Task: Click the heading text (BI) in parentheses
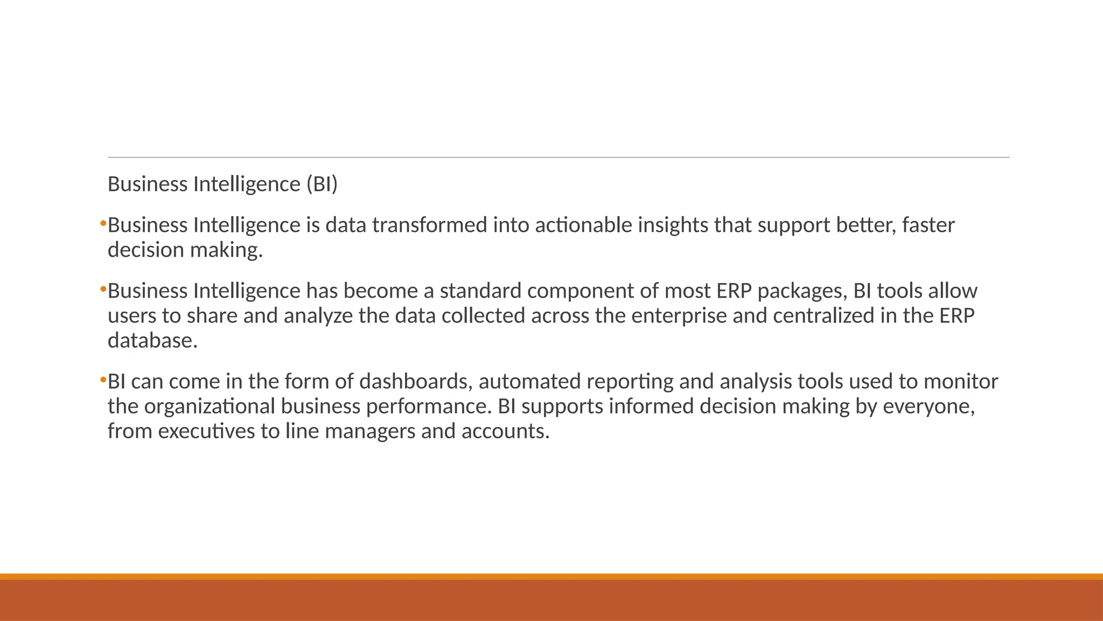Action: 322,184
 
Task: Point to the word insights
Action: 673,225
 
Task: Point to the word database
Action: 152,341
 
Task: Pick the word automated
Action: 529,382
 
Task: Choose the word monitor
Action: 961,382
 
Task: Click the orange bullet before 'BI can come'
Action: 102,381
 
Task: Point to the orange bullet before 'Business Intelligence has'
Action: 102,290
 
